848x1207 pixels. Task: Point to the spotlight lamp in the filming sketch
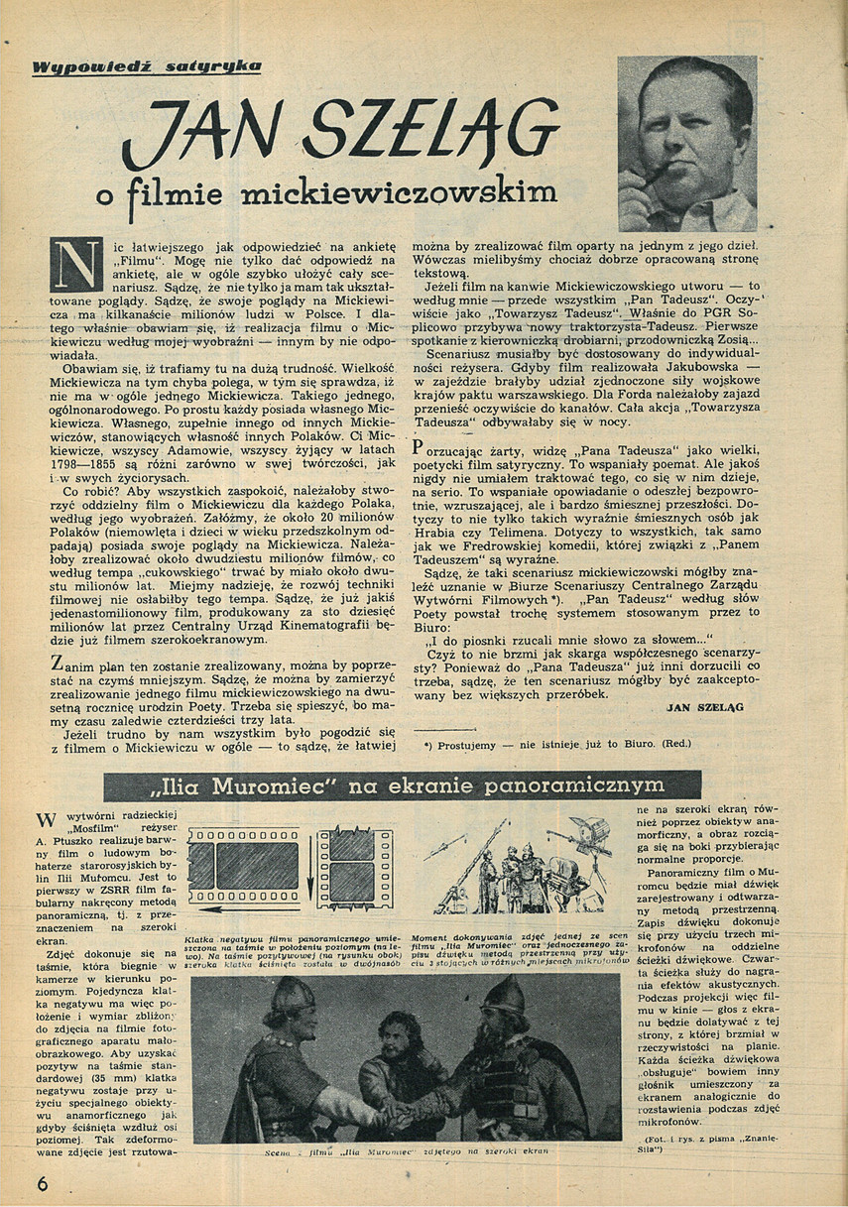pos(594,833)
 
